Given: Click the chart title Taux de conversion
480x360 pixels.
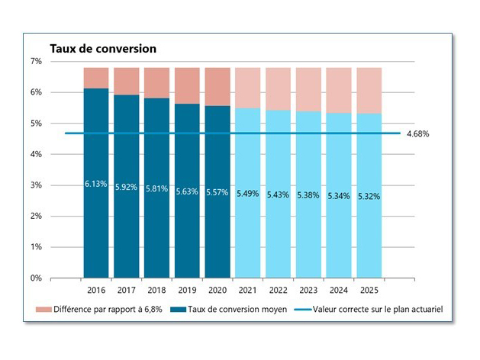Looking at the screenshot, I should [103, 48].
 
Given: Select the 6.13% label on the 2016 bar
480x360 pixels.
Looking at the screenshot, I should [96, 184].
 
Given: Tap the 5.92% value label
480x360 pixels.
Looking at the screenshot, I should [127, 187].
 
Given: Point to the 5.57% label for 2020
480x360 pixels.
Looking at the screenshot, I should [217, 191].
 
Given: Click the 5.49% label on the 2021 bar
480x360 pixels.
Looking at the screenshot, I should [248, 193].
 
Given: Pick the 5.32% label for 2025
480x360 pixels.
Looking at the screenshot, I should [369, 196].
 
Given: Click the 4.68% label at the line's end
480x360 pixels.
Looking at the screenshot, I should [418, 134].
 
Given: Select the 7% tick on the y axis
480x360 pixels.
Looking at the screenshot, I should [36, 61].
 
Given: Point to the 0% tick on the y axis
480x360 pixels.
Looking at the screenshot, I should [36, 278].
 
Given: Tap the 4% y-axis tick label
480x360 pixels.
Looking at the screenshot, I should [36, 154].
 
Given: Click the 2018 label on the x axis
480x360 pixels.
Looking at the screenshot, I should [156, 291].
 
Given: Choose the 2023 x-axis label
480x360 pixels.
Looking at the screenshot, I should [308, 291].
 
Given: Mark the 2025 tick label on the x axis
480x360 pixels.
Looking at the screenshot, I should [369, 291].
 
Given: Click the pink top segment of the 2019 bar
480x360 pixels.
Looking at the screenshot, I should [187, 85].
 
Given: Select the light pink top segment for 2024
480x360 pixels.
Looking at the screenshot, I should [339, 90].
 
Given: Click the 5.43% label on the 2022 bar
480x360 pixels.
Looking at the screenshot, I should [279, 194].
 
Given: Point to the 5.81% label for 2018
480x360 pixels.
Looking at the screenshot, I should [156, 188].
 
